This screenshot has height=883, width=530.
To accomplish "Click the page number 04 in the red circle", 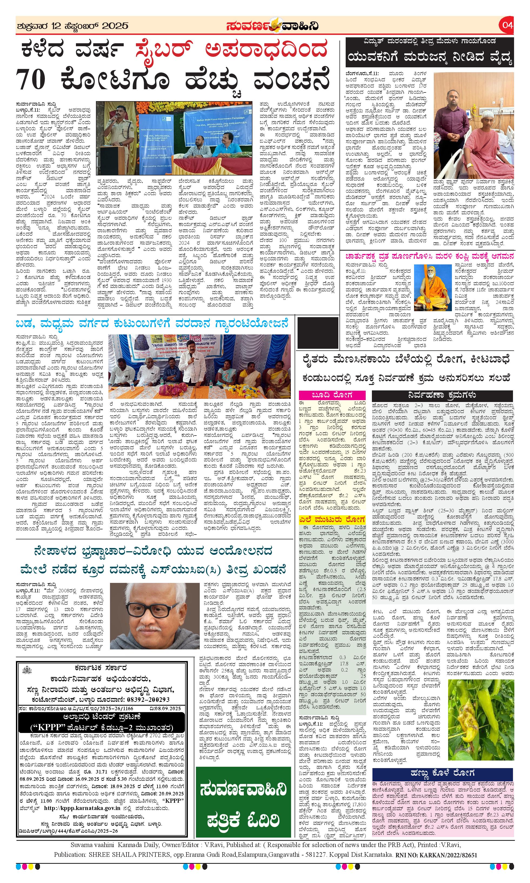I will tap(507, 25).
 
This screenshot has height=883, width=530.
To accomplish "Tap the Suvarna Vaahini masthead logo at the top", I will tap(272, 26).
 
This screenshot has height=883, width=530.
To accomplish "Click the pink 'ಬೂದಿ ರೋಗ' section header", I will tap(332, 395).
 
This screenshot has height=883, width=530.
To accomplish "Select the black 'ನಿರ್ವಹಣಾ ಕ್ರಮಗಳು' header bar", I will tap(442, 395).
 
